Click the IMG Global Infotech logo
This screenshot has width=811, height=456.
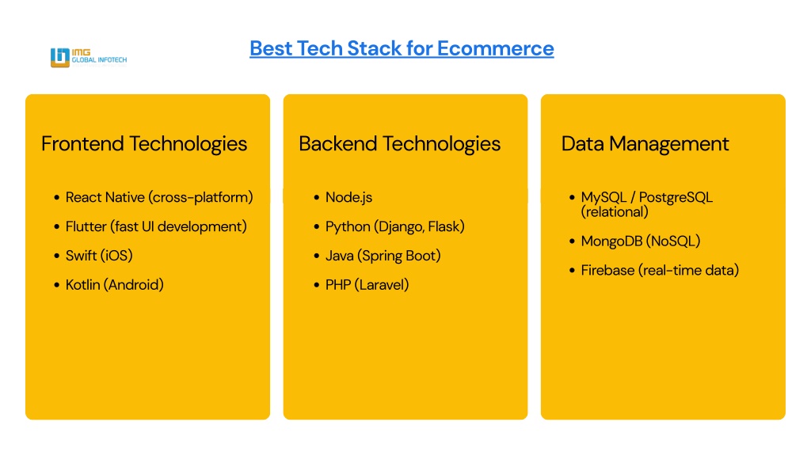[x=89, y=57]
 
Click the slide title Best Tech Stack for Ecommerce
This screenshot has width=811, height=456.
[x=402, y=48]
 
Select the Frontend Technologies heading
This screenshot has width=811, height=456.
[x=144, y=144]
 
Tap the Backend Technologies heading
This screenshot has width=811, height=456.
[x=400, y=144]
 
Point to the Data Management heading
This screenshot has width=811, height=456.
[x=645, y=144]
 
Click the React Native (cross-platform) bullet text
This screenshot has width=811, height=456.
[x=159, y=197]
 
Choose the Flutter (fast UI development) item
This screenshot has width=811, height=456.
[x=156, y=226]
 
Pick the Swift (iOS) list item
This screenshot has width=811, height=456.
[x=99, y=256]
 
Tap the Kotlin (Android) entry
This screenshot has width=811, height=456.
[x=115, y=284]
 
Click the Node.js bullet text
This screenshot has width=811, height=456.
[x=348, y=197]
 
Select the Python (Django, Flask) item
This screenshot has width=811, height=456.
[x=395, y=226]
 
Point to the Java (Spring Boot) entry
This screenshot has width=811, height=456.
[x=383, y=256]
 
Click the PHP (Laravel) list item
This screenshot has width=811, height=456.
[x=367, y=284]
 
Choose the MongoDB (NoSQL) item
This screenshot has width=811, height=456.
[x=641, y=241]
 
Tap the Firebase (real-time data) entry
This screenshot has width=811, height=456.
[x=660, y=270]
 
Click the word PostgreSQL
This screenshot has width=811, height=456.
[x=676, y=197]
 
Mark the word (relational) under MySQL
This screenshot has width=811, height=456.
[x=615, y=212]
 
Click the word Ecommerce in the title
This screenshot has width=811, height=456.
[x=496, y=48]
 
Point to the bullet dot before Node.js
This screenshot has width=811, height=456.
[x=317, y=197]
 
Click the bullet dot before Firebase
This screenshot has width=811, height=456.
[x=572, y=270]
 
